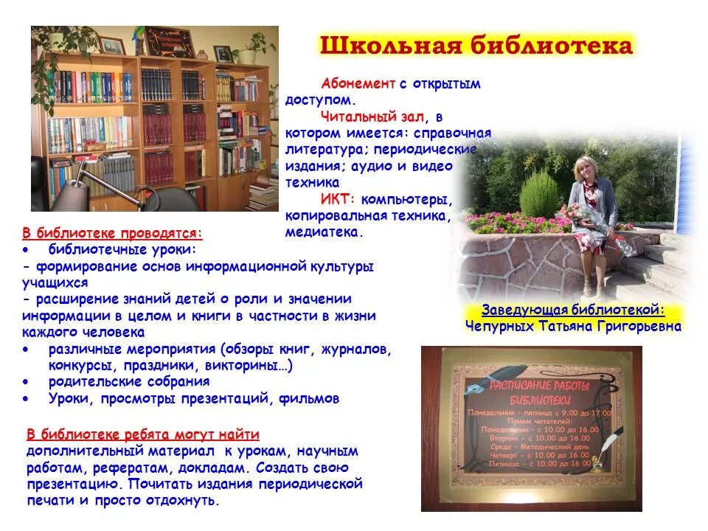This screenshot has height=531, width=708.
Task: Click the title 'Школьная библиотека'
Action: click(x=476, y=46)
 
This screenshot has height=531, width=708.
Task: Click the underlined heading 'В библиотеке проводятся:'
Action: click(x=111, y=234)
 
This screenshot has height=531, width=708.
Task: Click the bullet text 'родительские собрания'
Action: click(x=129, y=382)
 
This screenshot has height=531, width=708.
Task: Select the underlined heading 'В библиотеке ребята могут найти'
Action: click(x=143, y=434)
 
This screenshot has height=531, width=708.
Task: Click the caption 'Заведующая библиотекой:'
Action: click(x=573, y=310)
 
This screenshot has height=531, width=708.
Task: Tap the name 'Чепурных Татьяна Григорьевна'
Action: click(x=573, y=326)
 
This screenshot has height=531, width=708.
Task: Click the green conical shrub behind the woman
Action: click(x=540, y=193)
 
